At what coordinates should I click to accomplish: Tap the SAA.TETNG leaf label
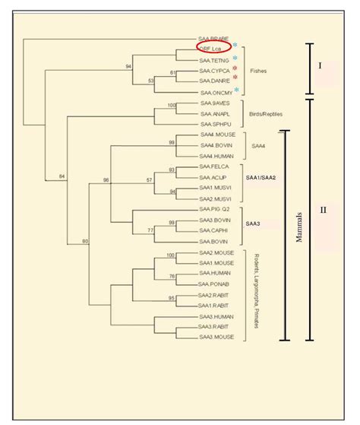pyautogui.click(x=215, y=59)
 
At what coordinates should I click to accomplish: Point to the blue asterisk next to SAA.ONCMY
pyautogui.click(x=235, y=90)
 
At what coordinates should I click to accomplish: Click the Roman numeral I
pyautogui.click(x=320, y=65)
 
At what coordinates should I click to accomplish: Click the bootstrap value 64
pyautogui.click(x=62, y=177)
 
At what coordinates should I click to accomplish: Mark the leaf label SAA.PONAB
pyautogui.click(x=214, y=284)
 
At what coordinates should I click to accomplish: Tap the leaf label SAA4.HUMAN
pyautogui.click(x=216, y=155)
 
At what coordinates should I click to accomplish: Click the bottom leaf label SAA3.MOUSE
pyautogui.click(x=216, y=337)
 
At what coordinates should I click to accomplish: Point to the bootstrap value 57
pyautogui.click(x=150, y=180)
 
